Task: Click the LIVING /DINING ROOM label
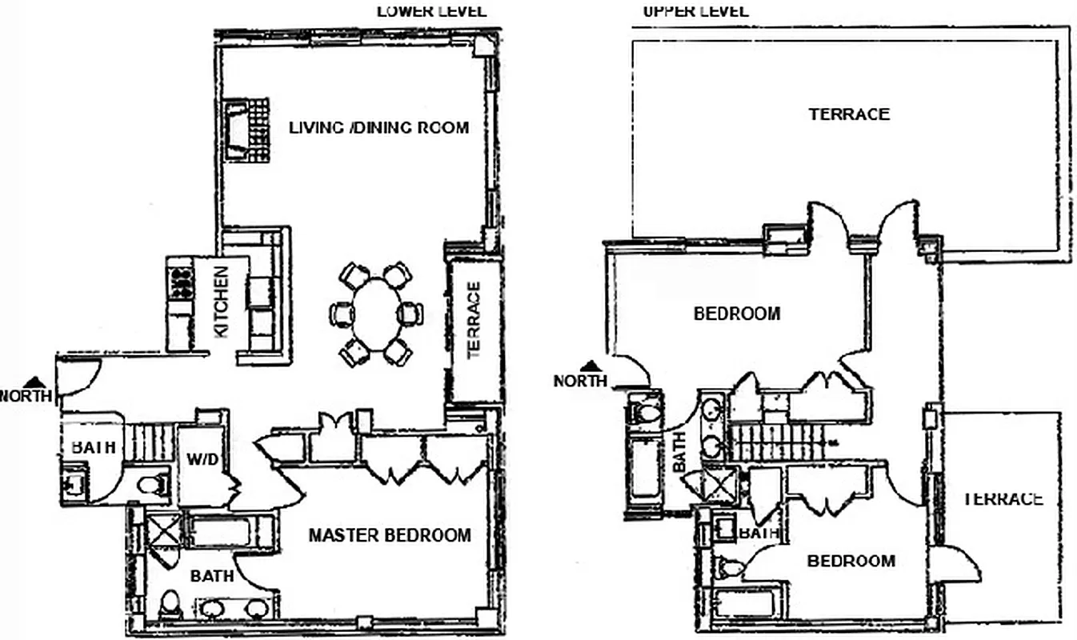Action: [x=378, y=127]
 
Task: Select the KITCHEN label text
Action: [x=221, y=302]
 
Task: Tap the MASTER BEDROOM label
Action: [x=390, y=535]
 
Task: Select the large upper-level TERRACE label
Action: [x=848, y=114]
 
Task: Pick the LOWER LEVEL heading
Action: [x=430, y=10]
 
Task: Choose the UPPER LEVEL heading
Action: [x=695, y=10]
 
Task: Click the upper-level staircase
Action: [x=776, y=442]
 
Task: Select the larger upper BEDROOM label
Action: [x=736, y=314]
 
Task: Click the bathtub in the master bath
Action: [x=228, y=532]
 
